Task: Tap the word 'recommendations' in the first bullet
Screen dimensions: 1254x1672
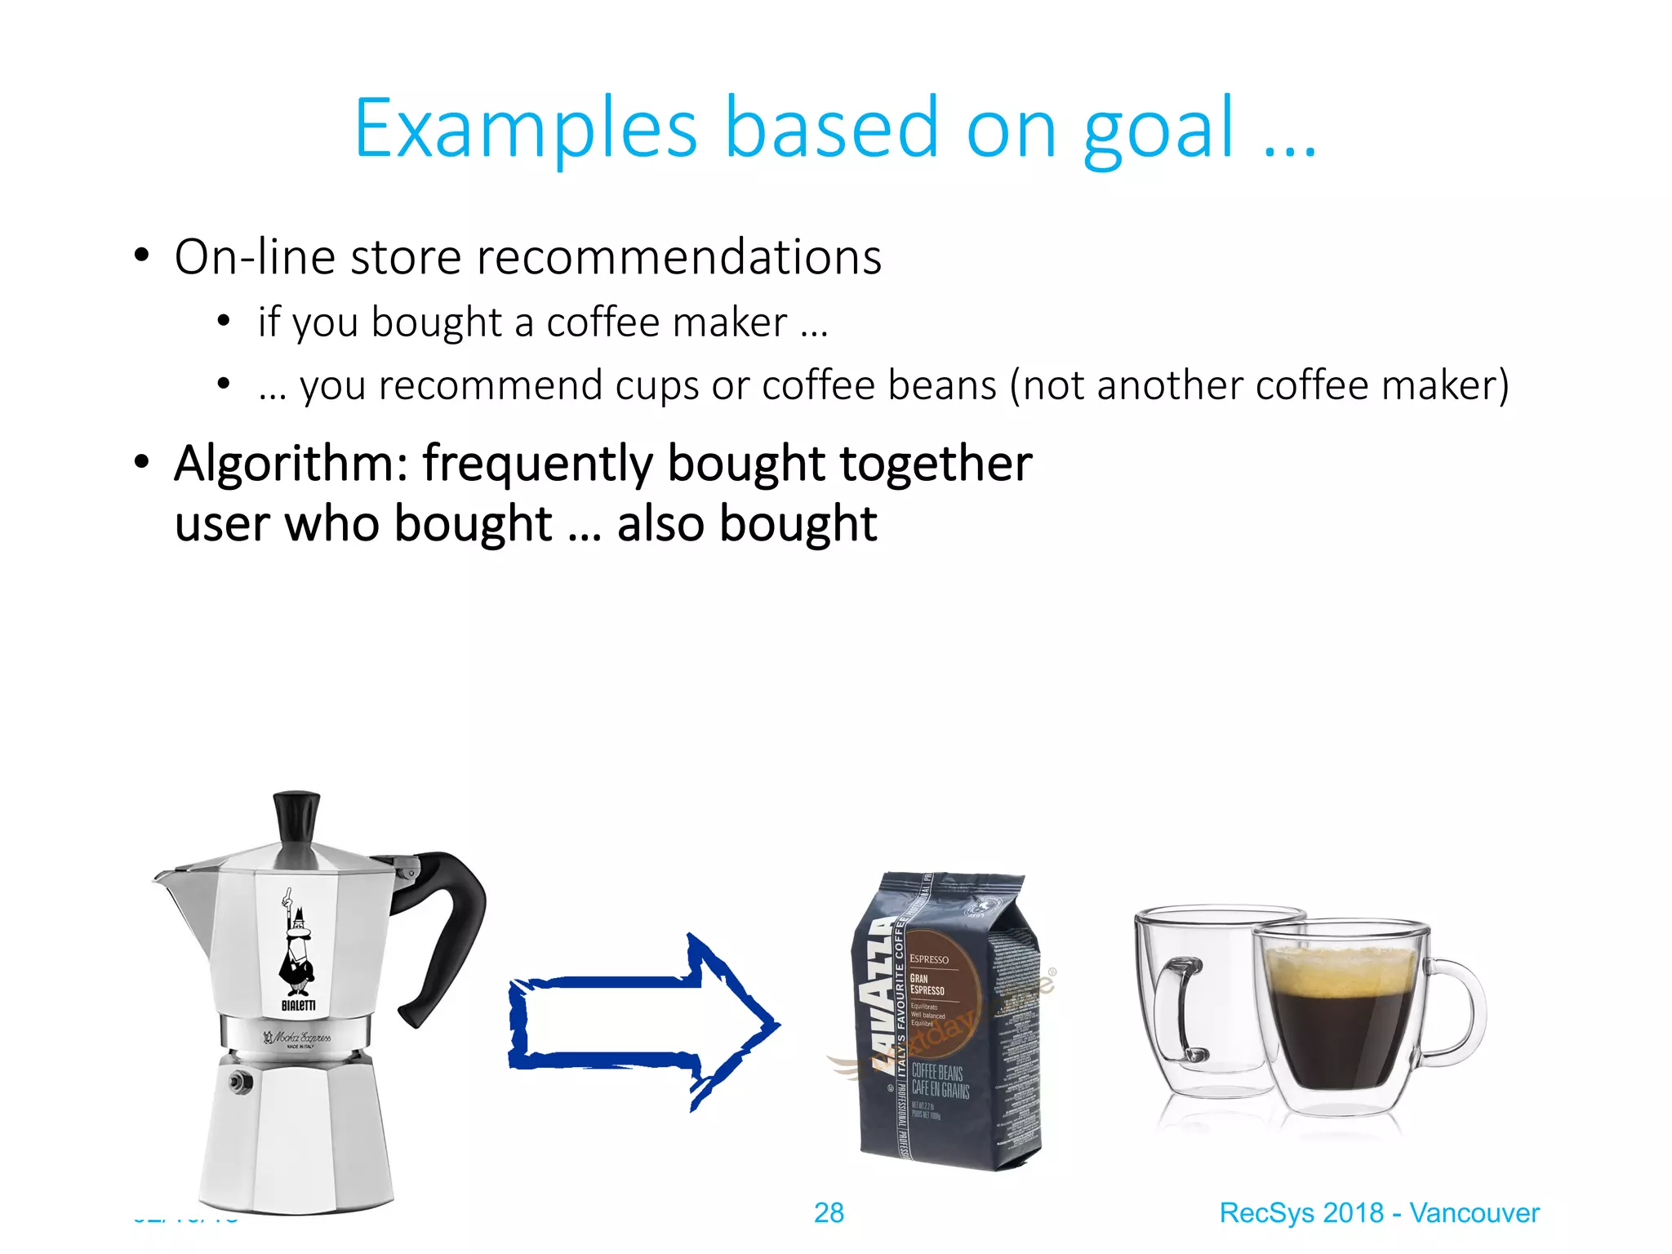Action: tap(678, 257)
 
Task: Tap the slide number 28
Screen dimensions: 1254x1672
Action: tap(829, 1212)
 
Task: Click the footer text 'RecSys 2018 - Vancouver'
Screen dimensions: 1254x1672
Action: tap(1379, 1212)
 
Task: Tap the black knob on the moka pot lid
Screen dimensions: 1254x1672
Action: tap(296, 816)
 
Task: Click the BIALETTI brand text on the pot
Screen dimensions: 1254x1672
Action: tap(298, 1006)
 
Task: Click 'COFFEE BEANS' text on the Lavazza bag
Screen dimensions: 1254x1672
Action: tap(937, 1072)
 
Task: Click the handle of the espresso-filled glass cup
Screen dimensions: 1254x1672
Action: tap(1457, 1012)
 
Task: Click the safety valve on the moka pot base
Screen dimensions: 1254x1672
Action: tap(238, 1082)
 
